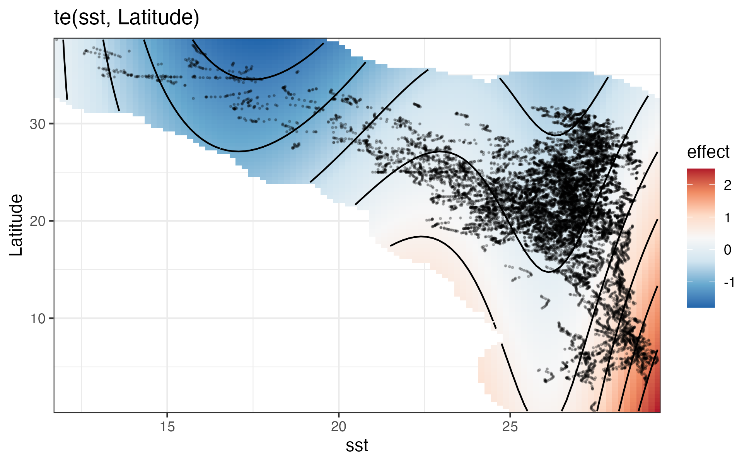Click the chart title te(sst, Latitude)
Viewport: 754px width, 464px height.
click(126, 18)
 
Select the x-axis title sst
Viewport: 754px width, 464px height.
click(357, 446)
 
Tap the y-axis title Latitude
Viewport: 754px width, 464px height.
click(16, 225)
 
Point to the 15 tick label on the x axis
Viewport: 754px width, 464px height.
click(167, 427)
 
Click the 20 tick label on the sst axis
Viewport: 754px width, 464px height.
click(339, 427)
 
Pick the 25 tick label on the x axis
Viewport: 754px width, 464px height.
click(510, 427)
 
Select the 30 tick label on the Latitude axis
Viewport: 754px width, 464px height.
click(38, 125)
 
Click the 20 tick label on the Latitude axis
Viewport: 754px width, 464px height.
click(38, 222)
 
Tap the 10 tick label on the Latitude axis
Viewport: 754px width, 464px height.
click(38, 319)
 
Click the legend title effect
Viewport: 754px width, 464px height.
click(708, 152)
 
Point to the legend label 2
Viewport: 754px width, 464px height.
click(727, 186)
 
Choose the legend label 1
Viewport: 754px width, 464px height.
click(727, 218)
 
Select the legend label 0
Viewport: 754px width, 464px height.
click(727, 250)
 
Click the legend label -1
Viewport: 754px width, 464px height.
click(728, 282)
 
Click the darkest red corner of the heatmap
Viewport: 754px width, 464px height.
click(657, 409)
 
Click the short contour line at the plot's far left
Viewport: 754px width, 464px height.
click(65, 70)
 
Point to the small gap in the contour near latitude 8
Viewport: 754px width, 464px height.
click(498, 336)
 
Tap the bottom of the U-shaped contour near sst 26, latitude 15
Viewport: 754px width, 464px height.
click(548, 272)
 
